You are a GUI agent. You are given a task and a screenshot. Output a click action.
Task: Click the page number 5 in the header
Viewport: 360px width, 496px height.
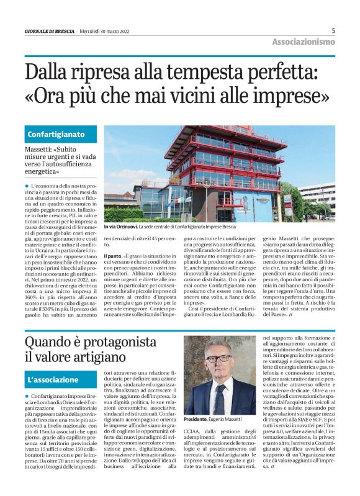[x=333, y=30]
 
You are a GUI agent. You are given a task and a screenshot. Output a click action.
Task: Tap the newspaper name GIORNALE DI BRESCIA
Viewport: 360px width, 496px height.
[x=50, y=30]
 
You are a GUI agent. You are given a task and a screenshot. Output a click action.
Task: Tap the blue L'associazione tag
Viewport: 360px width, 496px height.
[x=53, y=379]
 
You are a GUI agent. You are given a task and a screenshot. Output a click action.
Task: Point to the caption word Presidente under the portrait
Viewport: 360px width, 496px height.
[x=196, y=420]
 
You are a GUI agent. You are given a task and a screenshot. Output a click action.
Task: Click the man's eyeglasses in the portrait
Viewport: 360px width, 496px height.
[x=218, y=359]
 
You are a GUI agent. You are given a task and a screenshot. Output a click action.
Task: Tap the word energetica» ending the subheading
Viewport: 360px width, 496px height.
[x=44, y=169]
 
